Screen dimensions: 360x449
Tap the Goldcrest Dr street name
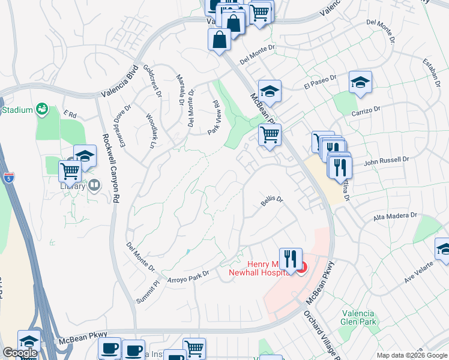coord(152,82)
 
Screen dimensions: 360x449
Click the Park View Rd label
coord(214,118)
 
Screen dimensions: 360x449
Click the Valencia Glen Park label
coord(358,317)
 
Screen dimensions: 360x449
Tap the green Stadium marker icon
coord(41,109)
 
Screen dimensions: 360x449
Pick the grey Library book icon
coord(94,186)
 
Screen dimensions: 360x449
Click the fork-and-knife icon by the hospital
coord(291,259)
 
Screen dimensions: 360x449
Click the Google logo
coord(20,353)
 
